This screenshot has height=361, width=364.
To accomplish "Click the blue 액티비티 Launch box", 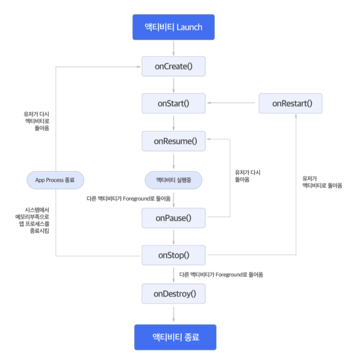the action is [173, 27].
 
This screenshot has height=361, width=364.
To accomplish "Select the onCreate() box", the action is [173, 66].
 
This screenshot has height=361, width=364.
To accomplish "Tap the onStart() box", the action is [173, 104].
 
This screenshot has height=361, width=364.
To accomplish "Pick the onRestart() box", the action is [291, 104].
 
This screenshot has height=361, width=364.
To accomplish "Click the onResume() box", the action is [173, 141].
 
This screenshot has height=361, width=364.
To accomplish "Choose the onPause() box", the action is [173, 218].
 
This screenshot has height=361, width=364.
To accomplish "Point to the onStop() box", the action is [173, 255].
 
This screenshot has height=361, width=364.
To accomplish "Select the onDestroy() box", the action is [173, 293].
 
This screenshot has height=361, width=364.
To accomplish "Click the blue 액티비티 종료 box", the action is [175, 337].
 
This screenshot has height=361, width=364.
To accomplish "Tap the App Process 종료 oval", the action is [55, 180].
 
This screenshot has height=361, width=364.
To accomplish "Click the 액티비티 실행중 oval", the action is [173, 180].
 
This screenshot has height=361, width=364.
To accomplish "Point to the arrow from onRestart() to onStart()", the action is [231, 103].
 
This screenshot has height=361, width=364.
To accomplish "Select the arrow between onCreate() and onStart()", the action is [173, 85].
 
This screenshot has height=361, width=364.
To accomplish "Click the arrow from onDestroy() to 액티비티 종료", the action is [173, 314].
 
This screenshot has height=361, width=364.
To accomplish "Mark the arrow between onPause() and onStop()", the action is [173, 237].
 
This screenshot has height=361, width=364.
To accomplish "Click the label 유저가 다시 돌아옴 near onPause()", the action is [247, 176].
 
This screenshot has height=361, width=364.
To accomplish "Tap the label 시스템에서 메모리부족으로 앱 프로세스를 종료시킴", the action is [32, 220].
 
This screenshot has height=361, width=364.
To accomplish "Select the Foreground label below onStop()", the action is [221, 275].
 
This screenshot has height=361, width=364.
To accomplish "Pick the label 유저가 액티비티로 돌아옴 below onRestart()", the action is [322, 182].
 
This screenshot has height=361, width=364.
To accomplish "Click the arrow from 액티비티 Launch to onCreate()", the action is [173, 48].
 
